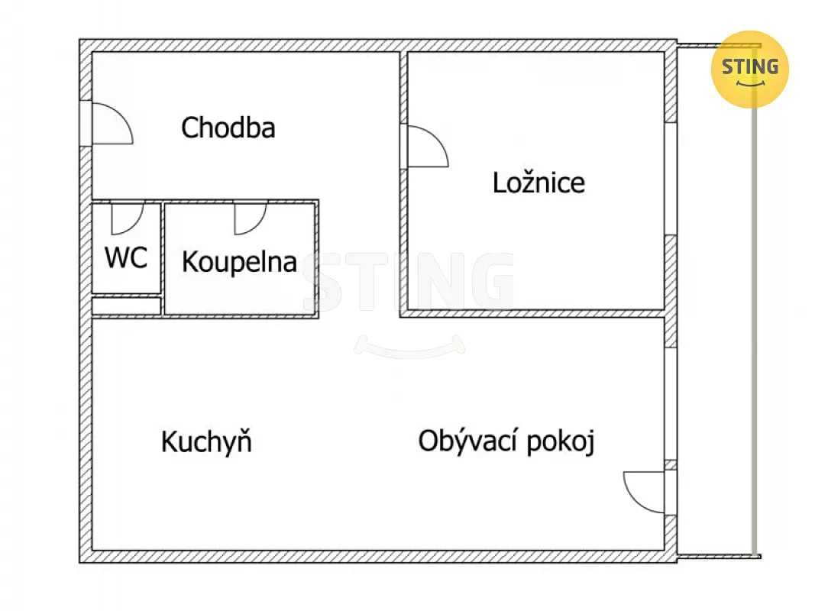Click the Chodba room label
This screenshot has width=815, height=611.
click(228, 128)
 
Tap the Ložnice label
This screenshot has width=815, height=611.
click(538, 183)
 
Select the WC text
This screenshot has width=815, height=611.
click(126, 257)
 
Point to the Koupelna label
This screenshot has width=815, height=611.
click(239, 262)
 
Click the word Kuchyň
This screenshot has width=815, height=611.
click(206, 441)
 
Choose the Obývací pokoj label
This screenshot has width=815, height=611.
click(506, 441)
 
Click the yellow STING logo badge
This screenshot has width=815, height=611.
click(749, 69)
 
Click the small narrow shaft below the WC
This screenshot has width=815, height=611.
click(126, 305)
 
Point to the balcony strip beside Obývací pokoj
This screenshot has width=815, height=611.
click(716, 300)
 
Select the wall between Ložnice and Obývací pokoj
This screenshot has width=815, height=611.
click(535, 314)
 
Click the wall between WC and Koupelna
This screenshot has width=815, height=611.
click(163, 258)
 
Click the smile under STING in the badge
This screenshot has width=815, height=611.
click(750, 84)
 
